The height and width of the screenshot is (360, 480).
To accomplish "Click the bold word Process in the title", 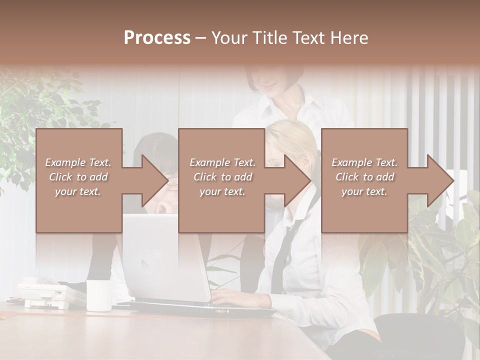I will coord(157,38).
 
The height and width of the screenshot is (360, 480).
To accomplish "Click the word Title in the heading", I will coord(270,38).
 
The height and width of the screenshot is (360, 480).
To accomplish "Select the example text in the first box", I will coord(78,177).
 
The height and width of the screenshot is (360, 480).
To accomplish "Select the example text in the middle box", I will coord(222,177).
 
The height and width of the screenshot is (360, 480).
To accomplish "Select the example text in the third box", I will coord(364,177).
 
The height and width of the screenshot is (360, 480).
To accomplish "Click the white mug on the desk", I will coord(99,295).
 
